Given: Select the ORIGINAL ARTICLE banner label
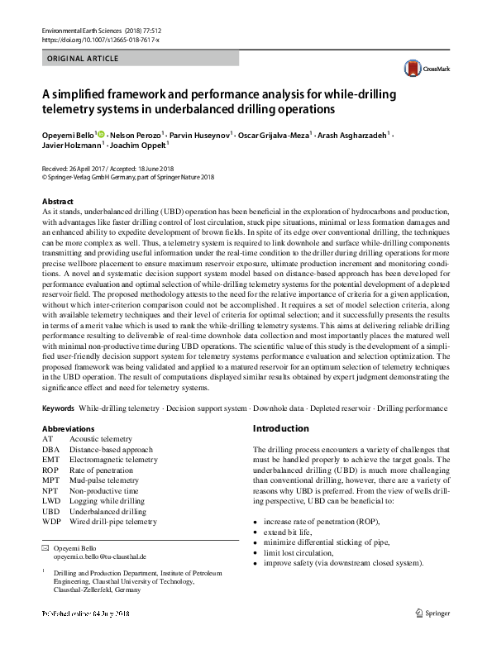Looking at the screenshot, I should (83, 59).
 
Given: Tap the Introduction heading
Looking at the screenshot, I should (280, 428).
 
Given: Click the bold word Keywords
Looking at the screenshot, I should (59, 408).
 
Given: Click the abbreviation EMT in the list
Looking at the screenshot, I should (52, 460).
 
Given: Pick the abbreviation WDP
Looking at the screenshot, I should (52, 522).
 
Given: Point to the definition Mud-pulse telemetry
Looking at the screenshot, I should (104, 480).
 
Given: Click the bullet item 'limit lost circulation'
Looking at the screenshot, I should (299, 552).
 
